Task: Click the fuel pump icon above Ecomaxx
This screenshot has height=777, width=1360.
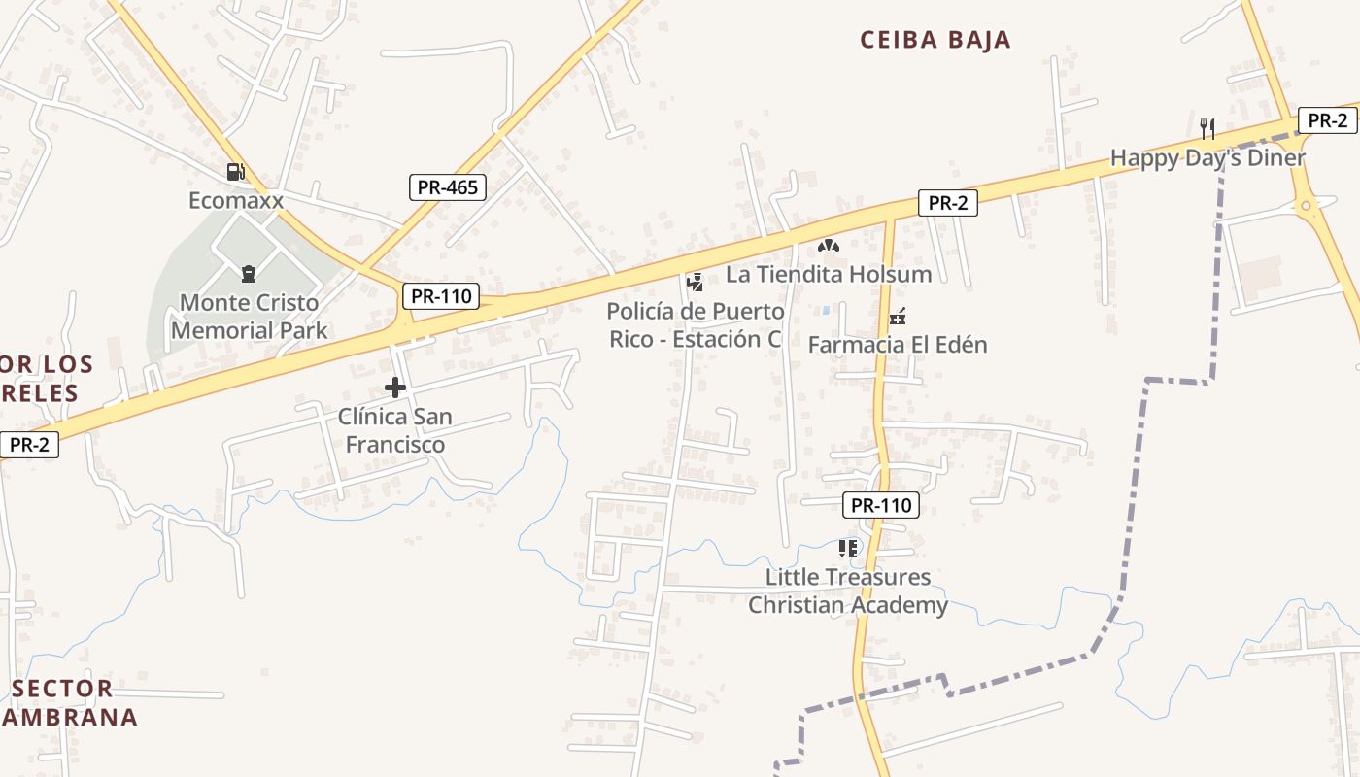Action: tap(235, 173)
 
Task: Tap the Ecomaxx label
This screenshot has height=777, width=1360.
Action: tap(236, 201)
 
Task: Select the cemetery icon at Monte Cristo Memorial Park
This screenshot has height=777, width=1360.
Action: tap(249, 274)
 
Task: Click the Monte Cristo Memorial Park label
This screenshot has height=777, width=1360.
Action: tap(250, 317)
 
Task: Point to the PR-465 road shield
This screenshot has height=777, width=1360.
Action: tap(448, 187)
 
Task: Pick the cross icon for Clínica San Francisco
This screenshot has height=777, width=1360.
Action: tap(395, 388)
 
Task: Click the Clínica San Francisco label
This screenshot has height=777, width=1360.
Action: tap(395, 430)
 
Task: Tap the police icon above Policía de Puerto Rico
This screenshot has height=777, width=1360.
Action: tap(695, 283)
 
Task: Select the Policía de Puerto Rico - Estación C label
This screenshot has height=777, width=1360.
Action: tap(696, 325)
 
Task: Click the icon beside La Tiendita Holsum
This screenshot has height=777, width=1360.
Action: tap(828, 247)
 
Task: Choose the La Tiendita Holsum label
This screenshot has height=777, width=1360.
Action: tap(829, 275)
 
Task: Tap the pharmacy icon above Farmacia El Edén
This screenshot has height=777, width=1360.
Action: tap(898, 317)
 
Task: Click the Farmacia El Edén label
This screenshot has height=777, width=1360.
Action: tap(898, 345)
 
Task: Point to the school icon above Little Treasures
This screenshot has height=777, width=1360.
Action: tap(848, 549)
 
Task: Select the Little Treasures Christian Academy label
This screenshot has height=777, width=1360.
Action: tap(848, 591)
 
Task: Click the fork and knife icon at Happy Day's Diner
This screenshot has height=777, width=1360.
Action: tap(1207, 128)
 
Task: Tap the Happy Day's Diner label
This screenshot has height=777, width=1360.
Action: tap(1207, 157)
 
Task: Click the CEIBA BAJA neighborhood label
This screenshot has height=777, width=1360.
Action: tap(935, 40)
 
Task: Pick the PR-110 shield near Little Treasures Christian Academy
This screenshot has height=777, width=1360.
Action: tap(881, 505)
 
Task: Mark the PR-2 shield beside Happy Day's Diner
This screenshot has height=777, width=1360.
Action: tap(1327, 120)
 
